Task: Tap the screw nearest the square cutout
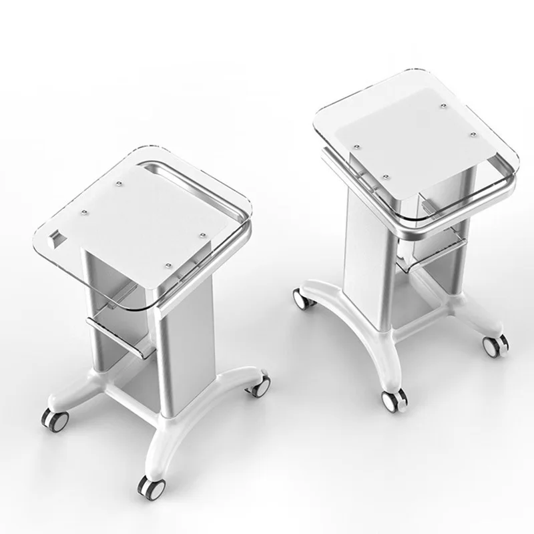pos(85,213)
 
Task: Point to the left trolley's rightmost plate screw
pos(202,234)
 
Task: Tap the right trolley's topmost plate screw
pos(442,103)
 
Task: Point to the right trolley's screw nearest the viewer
pos(388,175)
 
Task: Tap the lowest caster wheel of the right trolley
pos(390,400)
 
